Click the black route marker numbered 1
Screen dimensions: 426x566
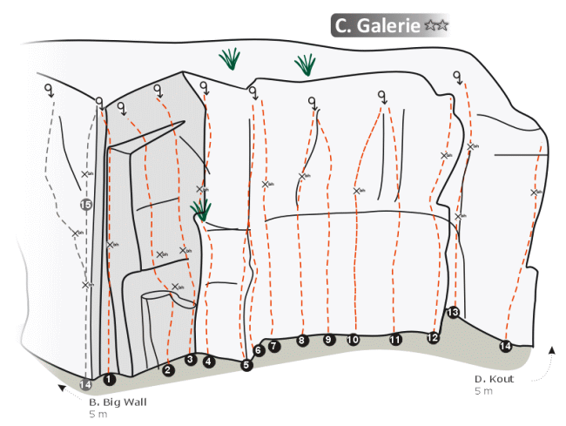coord(109,379)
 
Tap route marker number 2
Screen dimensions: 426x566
coord(168,369)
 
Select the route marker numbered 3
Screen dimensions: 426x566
coord(191,359)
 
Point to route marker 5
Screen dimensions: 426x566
coord(246,365)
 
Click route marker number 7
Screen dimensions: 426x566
coord(274,346)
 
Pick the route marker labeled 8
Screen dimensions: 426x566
coord(302,340)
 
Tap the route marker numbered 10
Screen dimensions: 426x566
coord(353,340)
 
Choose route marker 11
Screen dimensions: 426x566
coord(395,340)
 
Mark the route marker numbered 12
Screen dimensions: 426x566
coord(434,338)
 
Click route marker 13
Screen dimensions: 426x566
coord(453,313)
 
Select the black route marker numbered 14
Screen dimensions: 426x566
coord(505,347)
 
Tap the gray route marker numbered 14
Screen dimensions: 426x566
coord(85,384)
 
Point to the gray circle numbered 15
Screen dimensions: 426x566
coord(85,205)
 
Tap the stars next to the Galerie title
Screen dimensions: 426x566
coord(436,27)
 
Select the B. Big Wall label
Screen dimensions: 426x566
coord(118,402)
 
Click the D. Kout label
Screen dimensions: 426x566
coord(494,379)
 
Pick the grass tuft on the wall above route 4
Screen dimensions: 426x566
coord(202,209)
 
